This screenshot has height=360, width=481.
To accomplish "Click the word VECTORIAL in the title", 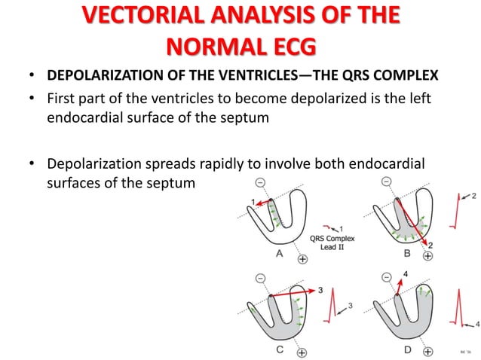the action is tap(143, 14).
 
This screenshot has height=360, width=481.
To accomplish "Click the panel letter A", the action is tap(279, 254).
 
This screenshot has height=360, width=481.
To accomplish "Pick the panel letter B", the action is tap(407, 254).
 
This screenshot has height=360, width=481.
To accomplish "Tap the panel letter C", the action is tap(280, 349).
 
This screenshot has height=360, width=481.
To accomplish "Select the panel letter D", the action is tap(408, 349).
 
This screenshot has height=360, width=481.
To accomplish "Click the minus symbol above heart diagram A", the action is tap(260, 182).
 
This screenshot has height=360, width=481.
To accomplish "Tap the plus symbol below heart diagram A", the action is tap(302, 259).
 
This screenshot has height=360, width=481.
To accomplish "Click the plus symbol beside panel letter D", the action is tap(428, 352).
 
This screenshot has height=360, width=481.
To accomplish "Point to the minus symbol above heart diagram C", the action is tap(260, 279).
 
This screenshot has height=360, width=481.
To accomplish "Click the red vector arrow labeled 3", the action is tap(293, 293).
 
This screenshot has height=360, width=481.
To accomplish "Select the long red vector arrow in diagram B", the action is tap(412, 222).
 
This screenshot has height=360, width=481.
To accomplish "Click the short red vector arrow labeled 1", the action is tap(264, 202).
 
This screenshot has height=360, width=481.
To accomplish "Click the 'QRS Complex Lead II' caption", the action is tap(332, 243).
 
